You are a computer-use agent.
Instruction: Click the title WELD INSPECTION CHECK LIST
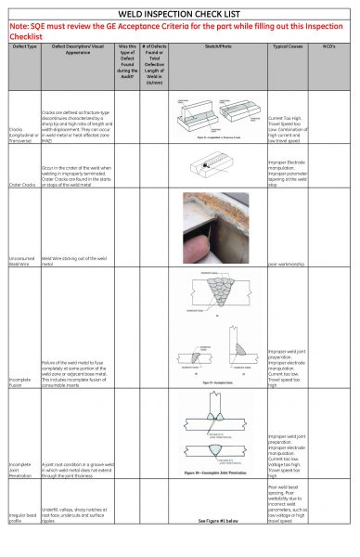(179, 13)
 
